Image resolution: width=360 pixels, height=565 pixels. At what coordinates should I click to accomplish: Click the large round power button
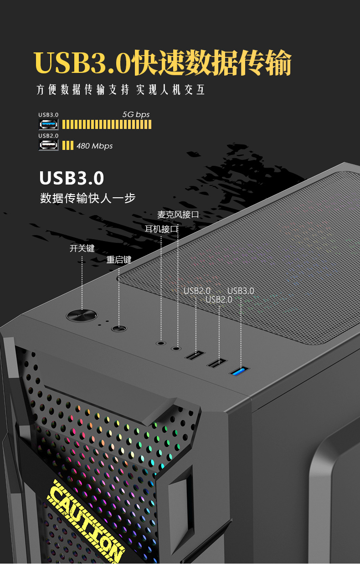click(x=82, y=315)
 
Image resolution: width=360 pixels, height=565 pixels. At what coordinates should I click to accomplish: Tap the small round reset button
click(x=119, y=328)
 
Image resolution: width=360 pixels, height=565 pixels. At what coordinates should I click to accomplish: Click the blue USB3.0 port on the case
click(x=240, y=371)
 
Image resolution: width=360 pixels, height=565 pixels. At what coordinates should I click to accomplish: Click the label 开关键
click(x=82, y=248)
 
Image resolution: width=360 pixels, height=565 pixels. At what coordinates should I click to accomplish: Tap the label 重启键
click(x=119, y=260)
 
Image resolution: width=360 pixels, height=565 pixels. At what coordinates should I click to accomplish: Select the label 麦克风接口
click(x=178, y=215)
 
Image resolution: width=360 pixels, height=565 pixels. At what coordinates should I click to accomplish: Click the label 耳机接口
click(x=161, y=229)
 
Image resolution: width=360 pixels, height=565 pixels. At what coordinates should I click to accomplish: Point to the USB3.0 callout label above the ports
click(x=241, y=291)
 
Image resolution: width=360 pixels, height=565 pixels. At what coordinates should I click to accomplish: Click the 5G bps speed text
click(x=136, y=114)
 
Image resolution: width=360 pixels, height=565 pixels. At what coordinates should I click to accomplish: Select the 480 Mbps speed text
click(x=94, y=146)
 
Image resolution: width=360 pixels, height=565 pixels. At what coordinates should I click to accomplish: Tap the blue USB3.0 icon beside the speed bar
click(x=48, y=124)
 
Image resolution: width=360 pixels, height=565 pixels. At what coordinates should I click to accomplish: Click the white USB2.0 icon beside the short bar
click(x=48, y=145)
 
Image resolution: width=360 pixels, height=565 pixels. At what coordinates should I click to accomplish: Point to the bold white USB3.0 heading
click(x=72, y=178)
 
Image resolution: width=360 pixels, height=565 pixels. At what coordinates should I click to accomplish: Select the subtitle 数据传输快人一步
click(x=88, y=199)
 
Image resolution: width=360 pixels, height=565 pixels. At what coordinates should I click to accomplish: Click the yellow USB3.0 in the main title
click(x=82, y=63)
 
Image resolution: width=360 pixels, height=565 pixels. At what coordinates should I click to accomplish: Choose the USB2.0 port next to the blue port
click(x=218, y=363)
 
